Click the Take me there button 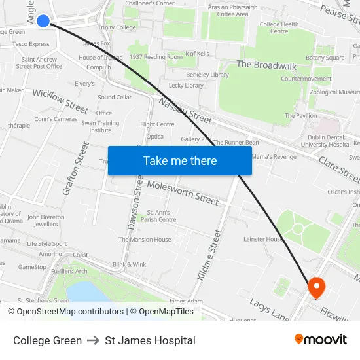tap(180, 160)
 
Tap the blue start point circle tap(43, 21)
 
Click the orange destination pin tap(317, 287)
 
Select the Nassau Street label tap(186, 110)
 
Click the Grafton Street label tap(75, 168)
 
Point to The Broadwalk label tap(266, 65)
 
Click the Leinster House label tap(263, 240)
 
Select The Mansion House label tap(145, 240)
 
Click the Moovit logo tap(321, 340)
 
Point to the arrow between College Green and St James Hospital tap(94, 340)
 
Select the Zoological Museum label tap(334, 92)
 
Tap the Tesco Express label tap(31, 44)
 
